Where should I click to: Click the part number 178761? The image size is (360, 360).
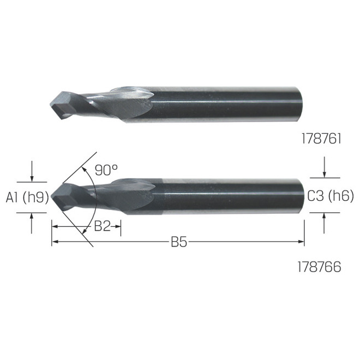[321, 139]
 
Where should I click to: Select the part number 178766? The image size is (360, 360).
[319, 267]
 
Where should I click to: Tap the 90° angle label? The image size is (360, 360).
[106, 170]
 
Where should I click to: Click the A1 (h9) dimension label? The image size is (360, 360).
[27, 197]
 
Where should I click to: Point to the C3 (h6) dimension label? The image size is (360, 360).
[331, 196]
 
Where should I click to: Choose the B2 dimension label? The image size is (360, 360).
[103, 226]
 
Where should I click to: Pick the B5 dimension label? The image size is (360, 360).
[179, 242]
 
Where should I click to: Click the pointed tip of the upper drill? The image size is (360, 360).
[50, 105]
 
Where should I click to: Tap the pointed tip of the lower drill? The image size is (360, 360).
[51, 197]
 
